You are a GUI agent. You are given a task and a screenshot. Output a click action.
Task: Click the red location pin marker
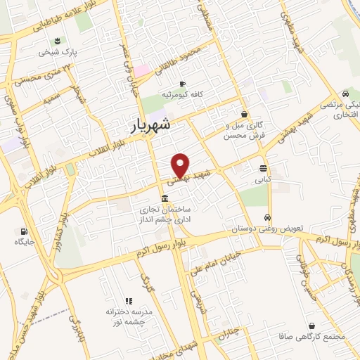181,165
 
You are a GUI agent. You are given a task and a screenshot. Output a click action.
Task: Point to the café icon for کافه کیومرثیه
182,84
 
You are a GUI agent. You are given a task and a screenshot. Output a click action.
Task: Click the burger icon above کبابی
263,168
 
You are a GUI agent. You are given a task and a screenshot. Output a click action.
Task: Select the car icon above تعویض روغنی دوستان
267,217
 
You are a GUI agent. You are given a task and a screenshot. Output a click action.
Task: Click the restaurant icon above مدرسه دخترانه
128,300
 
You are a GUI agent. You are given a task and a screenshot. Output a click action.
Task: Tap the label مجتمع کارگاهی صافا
313,337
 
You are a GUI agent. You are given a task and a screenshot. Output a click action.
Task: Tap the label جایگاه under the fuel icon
25,242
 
